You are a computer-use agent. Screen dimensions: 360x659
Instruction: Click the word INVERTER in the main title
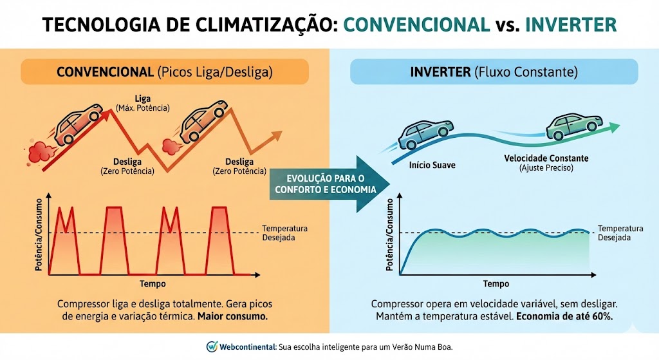[x=571, y=24]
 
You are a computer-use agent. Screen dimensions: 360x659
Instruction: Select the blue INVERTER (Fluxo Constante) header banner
[x=494, y=72]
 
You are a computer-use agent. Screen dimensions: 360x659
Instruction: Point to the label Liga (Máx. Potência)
[x=143, y=103]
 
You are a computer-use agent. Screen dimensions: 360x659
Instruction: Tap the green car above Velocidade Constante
[x=570, y=126]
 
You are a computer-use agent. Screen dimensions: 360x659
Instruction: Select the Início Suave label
[x=432, y=166]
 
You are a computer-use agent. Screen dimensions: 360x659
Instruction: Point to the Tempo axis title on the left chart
[x=152, y=284]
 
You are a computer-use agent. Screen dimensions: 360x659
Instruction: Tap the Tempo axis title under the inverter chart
[x=496, y=284]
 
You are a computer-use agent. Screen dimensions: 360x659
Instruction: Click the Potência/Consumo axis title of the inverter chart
[x=390, y=236]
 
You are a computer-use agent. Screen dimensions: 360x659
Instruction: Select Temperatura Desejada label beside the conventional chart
[x=285, y=233]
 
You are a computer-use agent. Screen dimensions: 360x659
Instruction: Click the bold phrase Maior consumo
[x=232, y=317]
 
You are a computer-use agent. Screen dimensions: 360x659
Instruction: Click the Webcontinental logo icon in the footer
[x=212, y=346]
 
